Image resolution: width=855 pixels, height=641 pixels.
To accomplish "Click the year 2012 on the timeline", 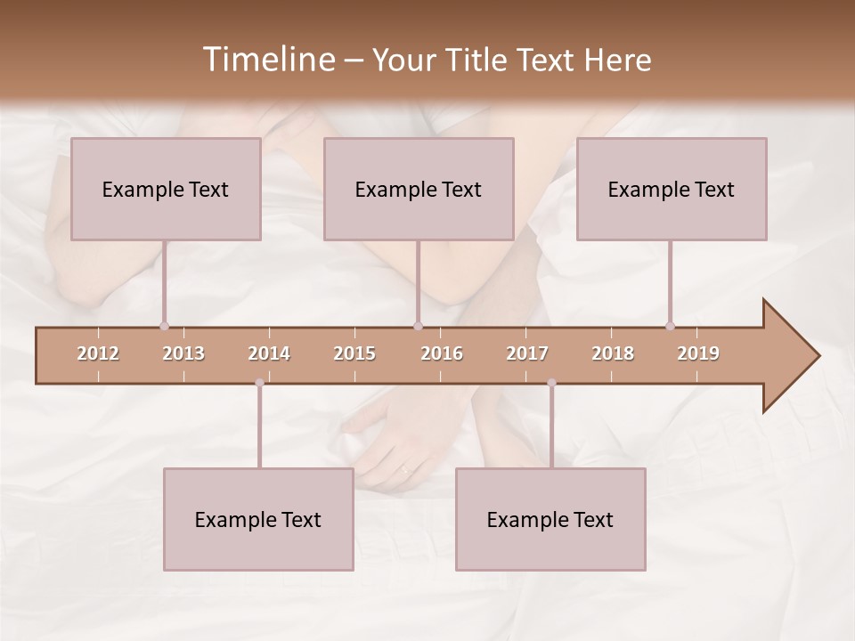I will pos(98,353).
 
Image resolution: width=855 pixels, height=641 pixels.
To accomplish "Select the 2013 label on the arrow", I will pos(183,353).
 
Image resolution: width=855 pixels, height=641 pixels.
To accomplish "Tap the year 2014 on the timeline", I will pos(269,353).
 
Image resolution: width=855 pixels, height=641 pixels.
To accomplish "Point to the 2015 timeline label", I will pos(354,353).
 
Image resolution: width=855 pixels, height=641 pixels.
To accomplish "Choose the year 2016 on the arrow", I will pos(442,353).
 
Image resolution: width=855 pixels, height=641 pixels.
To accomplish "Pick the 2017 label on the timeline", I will pos(527,353).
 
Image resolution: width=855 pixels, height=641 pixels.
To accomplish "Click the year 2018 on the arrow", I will pos(613,353).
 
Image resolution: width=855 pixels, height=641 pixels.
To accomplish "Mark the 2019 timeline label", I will pos(698,353).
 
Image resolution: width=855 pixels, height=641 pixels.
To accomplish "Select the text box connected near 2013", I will pos(166,189).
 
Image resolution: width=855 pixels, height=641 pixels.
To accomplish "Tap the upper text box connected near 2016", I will pos(419,189).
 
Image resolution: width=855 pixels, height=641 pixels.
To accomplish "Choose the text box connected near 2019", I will pos(672,189).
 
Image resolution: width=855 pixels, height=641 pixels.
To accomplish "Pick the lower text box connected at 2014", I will pos(258,519).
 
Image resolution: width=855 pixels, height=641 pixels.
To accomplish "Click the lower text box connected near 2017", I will pos(550,519).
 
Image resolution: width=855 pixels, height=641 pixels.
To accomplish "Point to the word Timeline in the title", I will pos(267,60).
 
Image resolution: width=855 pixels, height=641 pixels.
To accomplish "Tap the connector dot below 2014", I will pos(259,383).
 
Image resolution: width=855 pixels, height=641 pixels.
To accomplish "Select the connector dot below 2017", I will pos(551,383).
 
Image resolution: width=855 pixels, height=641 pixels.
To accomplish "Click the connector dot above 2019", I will pos(670,326).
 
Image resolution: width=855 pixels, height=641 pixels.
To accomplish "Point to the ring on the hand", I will pos(405,469).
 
